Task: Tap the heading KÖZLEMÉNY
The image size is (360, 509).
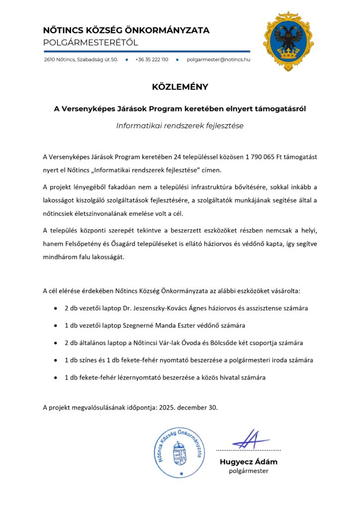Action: click(180, 87)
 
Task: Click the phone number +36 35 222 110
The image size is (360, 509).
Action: click(152, 59)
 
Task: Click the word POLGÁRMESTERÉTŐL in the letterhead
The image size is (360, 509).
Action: click(90, 43)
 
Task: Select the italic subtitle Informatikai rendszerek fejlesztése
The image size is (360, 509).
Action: click(180, 126)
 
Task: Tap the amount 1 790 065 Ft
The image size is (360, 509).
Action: click(265, 157)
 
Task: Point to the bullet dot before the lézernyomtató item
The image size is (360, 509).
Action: click(55, 378)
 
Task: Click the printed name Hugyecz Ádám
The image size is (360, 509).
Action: click(249, 461)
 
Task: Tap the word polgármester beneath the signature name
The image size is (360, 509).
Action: click(249, 471)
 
